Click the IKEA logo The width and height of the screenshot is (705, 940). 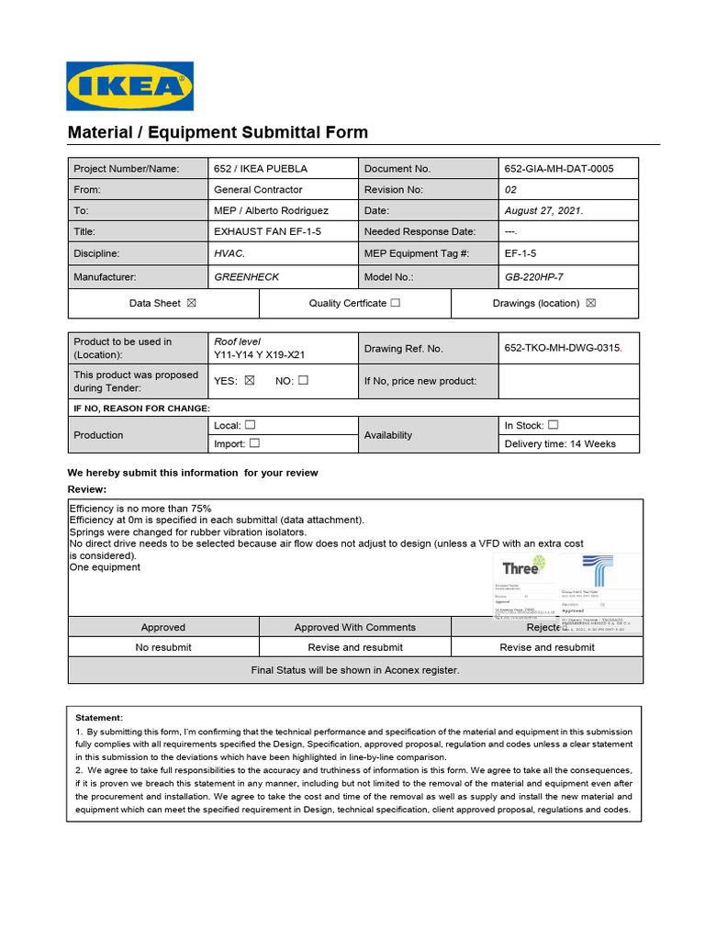(x=130, y=85)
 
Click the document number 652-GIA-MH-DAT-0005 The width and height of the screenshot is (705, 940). (x=559, y=169)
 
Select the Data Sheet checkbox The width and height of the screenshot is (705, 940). (x=191, y=303)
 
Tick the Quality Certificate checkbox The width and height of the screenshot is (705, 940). (x=395, y=303)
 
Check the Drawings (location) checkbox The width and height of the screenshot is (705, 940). (x=590, y=303)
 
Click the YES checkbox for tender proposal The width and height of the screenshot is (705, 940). (x=249, y=380)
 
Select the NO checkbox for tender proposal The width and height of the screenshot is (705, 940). (x=303, y=380)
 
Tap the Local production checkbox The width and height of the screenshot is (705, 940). (x=250, y=425)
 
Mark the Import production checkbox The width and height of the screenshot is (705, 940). (x=254, y=443)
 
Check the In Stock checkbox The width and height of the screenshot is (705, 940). (x=553, y=425)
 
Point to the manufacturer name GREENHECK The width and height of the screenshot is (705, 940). (x=246, y=276)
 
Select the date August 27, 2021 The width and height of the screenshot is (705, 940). (x=543, y=210)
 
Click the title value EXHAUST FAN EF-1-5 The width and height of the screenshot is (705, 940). (x=267, y=232)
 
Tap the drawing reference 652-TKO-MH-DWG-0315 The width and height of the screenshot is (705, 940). (x=563, y=348)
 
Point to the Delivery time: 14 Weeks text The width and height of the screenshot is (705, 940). (x=560, y=444)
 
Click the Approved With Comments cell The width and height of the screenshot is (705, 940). (x=354, y=628)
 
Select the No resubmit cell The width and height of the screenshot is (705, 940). (x=163, y=647)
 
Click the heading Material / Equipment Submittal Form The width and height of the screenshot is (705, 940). (x=218, y=132)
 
